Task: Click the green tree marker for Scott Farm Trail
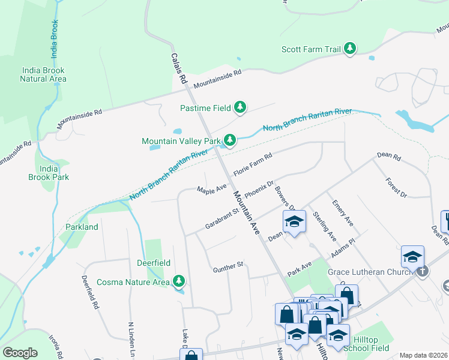(x=350, y=49)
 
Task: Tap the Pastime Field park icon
(x=240, y=108)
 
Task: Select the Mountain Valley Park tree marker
(x=229, y=141)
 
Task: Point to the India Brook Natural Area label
(x=43, y=74)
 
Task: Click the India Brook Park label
(x=49, y=173)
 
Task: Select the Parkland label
(x=82, y=227)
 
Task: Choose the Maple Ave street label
(x=212, y=189)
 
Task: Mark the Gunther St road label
(x=228, y=268)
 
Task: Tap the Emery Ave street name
(x=343, y=213)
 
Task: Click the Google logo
(x=20, y=353)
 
